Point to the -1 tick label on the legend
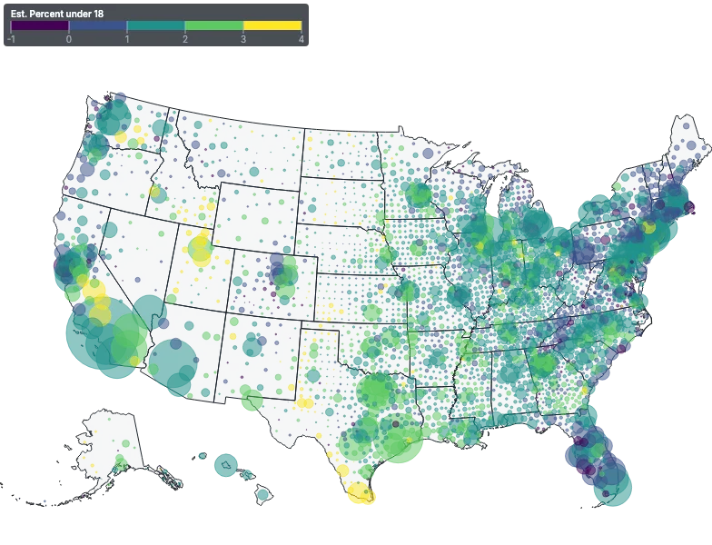pos(11,39)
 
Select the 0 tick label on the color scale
pos(69,39)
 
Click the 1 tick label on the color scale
pos(127,39)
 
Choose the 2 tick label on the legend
pos(185,39)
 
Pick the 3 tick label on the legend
pos(243,39)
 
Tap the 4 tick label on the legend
pos(301,39)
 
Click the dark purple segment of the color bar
pos(40,26)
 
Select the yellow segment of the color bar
pos(272,26)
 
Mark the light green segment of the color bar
pos(214,26)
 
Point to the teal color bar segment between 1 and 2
pos(156,26)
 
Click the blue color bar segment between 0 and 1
pos(98,26)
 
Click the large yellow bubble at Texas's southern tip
pos(361,494)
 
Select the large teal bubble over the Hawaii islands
pos(224,465)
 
